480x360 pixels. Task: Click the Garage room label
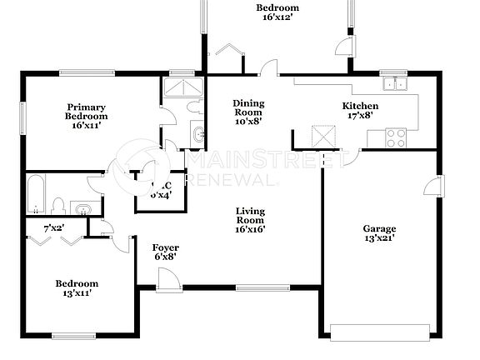pyautogui.click(x=378, y=233)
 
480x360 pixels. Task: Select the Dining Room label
pyautogui.click(x=247, y=111)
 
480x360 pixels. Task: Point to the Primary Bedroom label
pyautogui.click(x=87, y=116)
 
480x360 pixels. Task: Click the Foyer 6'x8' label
pyautogui.click(x=163, y=252)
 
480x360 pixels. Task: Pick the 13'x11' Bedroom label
pyautogui.click(x=77, y=287)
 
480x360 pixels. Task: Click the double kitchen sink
pyautogui.click(x=394, y=83)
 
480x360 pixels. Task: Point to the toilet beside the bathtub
pyautogui.click(x=58, y=205)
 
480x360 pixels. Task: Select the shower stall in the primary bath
pyautogui.click(x=182, y=88)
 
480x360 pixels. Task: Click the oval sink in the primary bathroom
pyautogui.click(x=198, y=135)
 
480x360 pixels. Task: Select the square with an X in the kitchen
pyautogui.click(x=323, y=136)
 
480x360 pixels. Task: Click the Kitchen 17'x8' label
pyautogui.click(x=361, y=111)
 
